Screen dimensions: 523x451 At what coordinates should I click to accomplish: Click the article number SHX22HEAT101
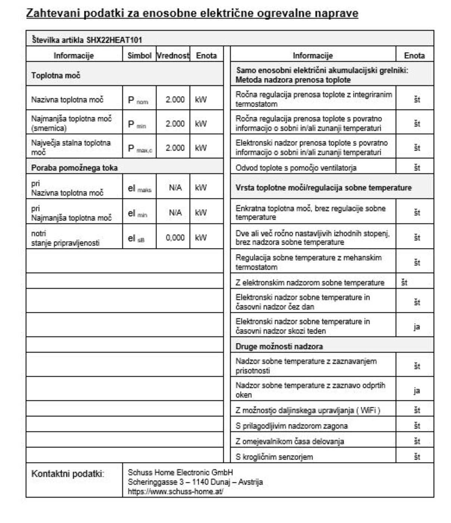point(114,40)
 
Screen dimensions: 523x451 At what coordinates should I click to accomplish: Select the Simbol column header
point(139,56)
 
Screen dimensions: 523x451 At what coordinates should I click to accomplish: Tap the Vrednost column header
point(173,56)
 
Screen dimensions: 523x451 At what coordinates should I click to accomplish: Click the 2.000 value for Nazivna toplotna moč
point(175,100)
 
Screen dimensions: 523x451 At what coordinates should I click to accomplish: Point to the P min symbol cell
point(137,124)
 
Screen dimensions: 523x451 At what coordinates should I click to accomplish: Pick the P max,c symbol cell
point(140,148)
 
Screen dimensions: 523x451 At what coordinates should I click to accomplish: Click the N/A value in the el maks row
point(175,188)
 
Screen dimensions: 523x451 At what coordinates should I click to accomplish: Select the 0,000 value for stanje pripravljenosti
point(175,238)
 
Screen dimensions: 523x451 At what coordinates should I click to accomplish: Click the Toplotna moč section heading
point(56,75)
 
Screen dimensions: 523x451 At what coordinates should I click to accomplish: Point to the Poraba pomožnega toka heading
point(74,168)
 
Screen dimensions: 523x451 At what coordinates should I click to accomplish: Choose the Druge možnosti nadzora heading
point(279,346)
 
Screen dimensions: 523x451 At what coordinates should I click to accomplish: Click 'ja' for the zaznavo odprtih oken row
point(417,391)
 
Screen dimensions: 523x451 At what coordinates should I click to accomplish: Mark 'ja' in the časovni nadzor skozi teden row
point(417,327)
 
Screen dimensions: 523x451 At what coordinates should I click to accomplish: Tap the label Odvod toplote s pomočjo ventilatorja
point(296,168)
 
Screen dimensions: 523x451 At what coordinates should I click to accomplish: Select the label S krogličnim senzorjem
point(274,457)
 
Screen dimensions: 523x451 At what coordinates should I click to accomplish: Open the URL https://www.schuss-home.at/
point(175,492)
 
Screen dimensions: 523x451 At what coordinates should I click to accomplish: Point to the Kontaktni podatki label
point(68,474)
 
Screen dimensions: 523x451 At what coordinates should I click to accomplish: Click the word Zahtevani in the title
point(52,13)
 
